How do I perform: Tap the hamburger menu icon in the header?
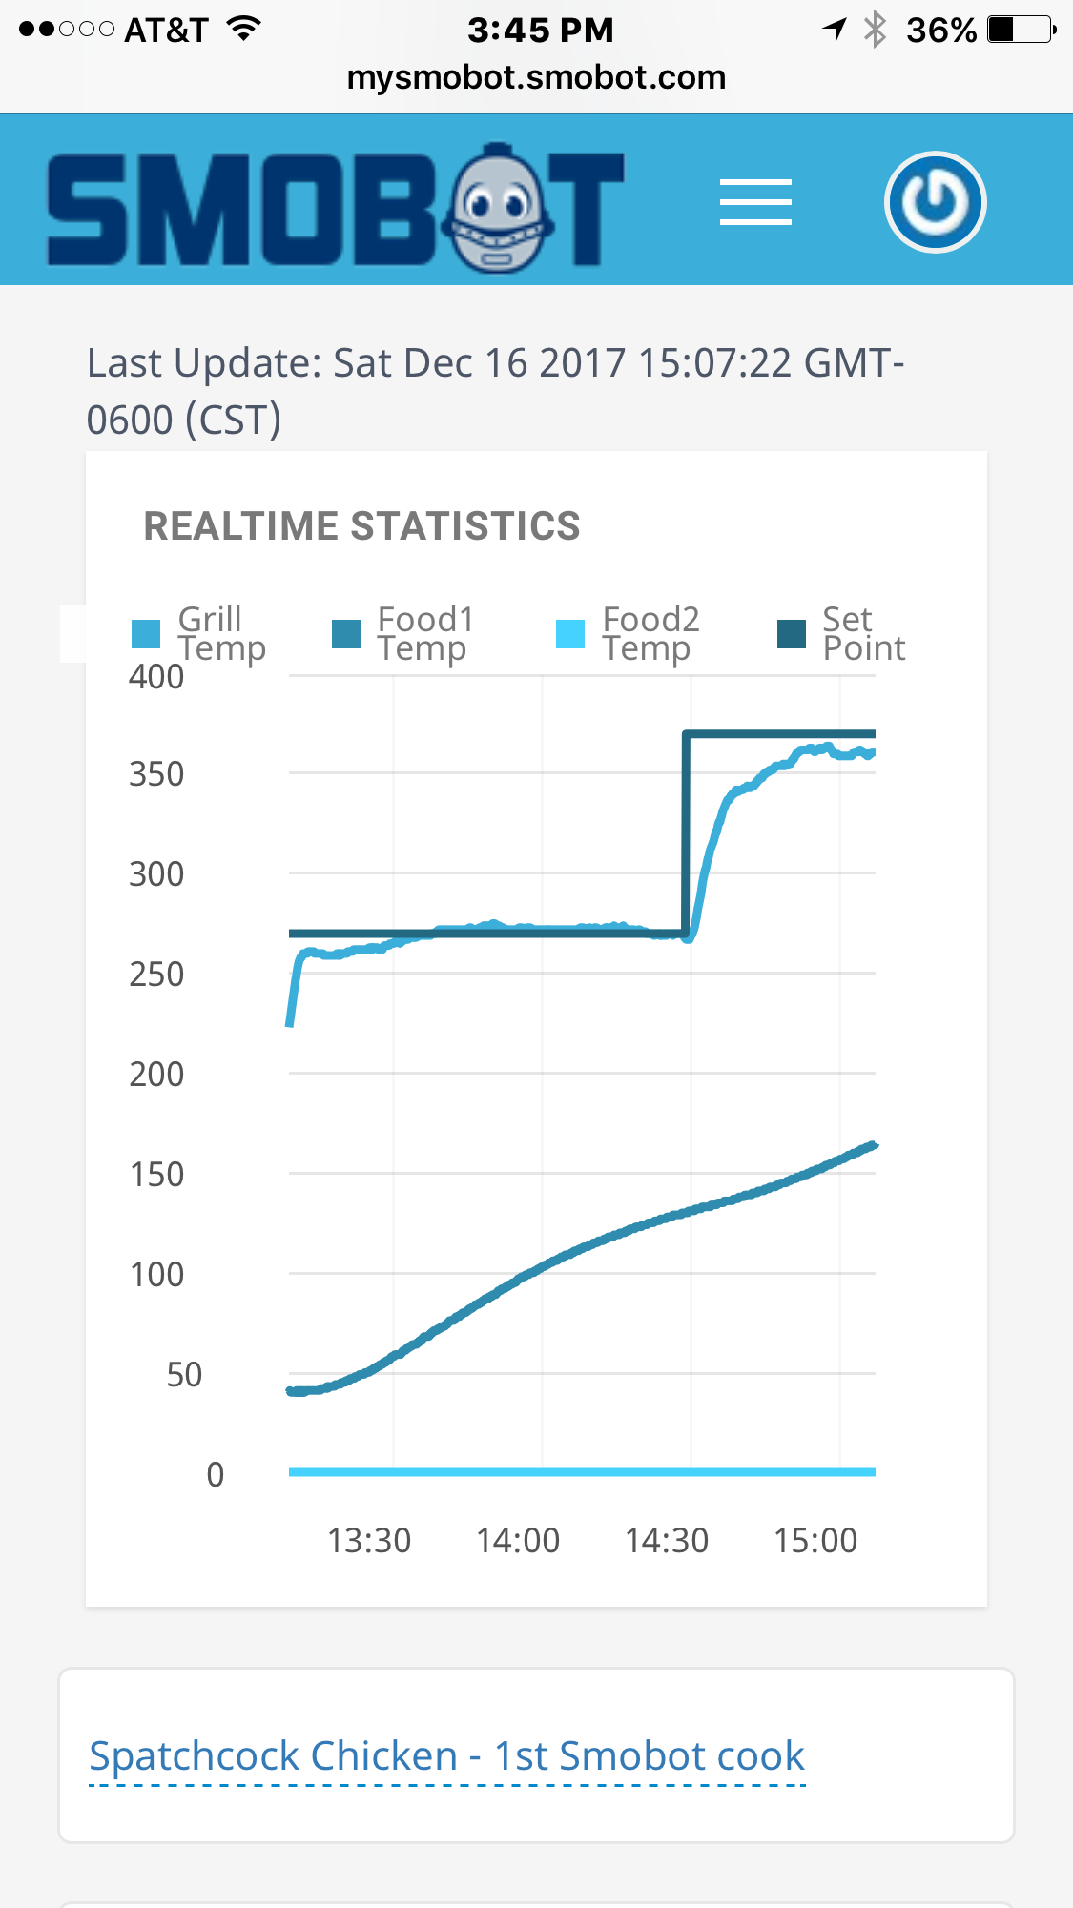pos(755,202)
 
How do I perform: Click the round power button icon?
pos(935,202)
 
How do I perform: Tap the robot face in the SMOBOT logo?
pos(497,209)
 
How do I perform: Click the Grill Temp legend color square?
pos(146,633)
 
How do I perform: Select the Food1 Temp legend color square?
pos(346,633)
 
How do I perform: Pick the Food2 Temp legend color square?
pos(570,633)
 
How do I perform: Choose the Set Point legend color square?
pos(792,633)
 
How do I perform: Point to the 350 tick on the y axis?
pos(156,774)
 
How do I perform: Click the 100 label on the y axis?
pos(156,1275)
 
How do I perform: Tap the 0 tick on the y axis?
pos(216,1475)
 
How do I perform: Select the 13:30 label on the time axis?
pos(369,1541)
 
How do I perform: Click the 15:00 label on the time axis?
pos(815,1541)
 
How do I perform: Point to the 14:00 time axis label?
pos(518,1541)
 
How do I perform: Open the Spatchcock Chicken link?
pos(446,1756)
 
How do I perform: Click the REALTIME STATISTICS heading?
pos(361,526)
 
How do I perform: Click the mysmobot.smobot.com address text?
pos(536,77)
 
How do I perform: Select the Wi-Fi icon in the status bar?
pos(245,29)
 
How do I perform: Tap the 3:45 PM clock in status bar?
pos(540,31)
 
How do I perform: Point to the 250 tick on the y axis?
pos(156,975)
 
